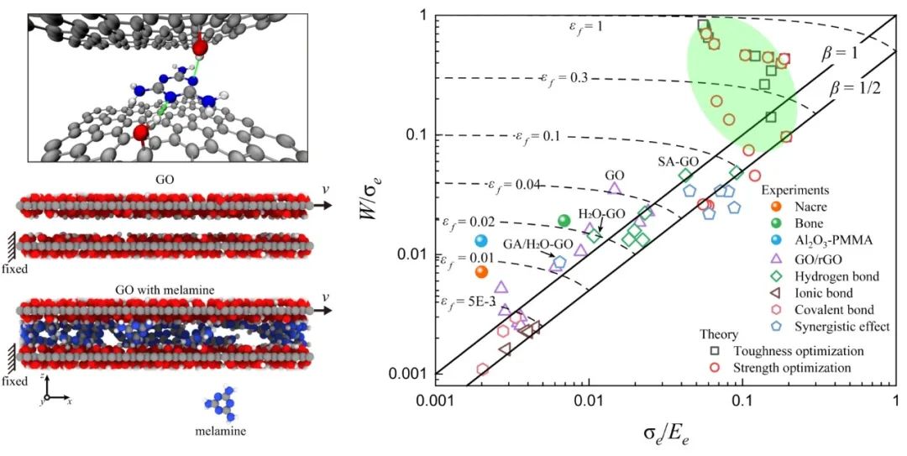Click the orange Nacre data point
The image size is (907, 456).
pos(480,271)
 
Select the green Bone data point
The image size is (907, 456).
pos(564,221)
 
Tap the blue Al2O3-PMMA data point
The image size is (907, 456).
pos(481,241)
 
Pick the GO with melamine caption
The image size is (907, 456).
pos(163,290)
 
